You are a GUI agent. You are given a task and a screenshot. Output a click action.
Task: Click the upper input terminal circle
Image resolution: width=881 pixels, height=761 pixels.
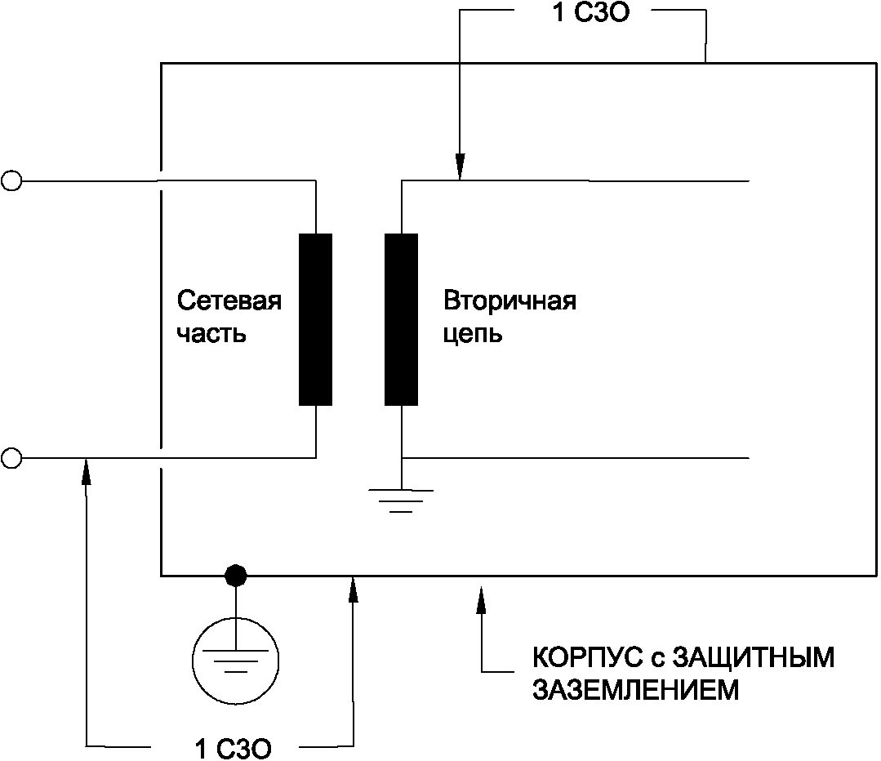(11, 180)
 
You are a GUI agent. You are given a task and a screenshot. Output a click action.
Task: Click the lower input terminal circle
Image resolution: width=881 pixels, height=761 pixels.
(11, 458)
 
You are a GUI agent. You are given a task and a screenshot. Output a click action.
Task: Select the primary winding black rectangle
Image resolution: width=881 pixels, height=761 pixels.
(315, 319)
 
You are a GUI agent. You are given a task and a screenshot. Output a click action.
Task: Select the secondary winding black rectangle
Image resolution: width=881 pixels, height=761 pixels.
(401, 319)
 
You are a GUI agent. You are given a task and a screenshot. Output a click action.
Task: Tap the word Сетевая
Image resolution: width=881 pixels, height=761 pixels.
(229, 301)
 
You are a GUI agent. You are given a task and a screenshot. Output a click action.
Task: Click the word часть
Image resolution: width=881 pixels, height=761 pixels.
(211, 335)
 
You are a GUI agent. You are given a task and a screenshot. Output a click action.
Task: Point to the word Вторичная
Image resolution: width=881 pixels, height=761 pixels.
(510, 301)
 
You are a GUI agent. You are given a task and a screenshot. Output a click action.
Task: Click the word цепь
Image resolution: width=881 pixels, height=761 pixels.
(474, 335)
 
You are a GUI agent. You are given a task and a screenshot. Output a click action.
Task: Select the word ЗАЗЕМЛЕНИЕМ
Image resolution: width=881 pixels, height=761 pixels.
(636, 691)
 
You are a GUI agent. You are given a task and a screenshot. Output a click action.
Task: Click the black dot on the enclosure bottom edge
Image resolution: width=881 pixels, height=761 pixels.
(236, 576)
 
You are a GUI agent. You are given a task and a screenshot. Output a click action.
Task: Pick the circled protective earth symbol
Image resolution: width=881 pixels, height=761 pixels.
(236, 656)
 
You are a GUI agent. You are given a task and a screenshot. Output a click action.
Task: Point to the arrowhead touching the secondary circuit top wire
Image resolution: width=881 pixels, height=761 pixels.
(460, 168)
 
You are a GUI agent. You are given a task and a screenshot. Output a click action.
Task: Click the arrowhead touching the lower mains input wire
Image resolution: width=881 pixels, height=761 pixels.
(86, 472)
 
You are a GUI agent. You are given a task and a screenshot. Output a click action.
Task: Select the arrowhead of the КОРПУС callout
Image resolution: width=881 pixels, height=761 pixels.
(480, 590)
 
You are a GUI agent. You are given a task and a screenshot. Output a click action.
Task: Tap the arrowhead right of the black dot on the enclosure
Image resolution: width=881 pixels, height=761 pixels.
(354, 590)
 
